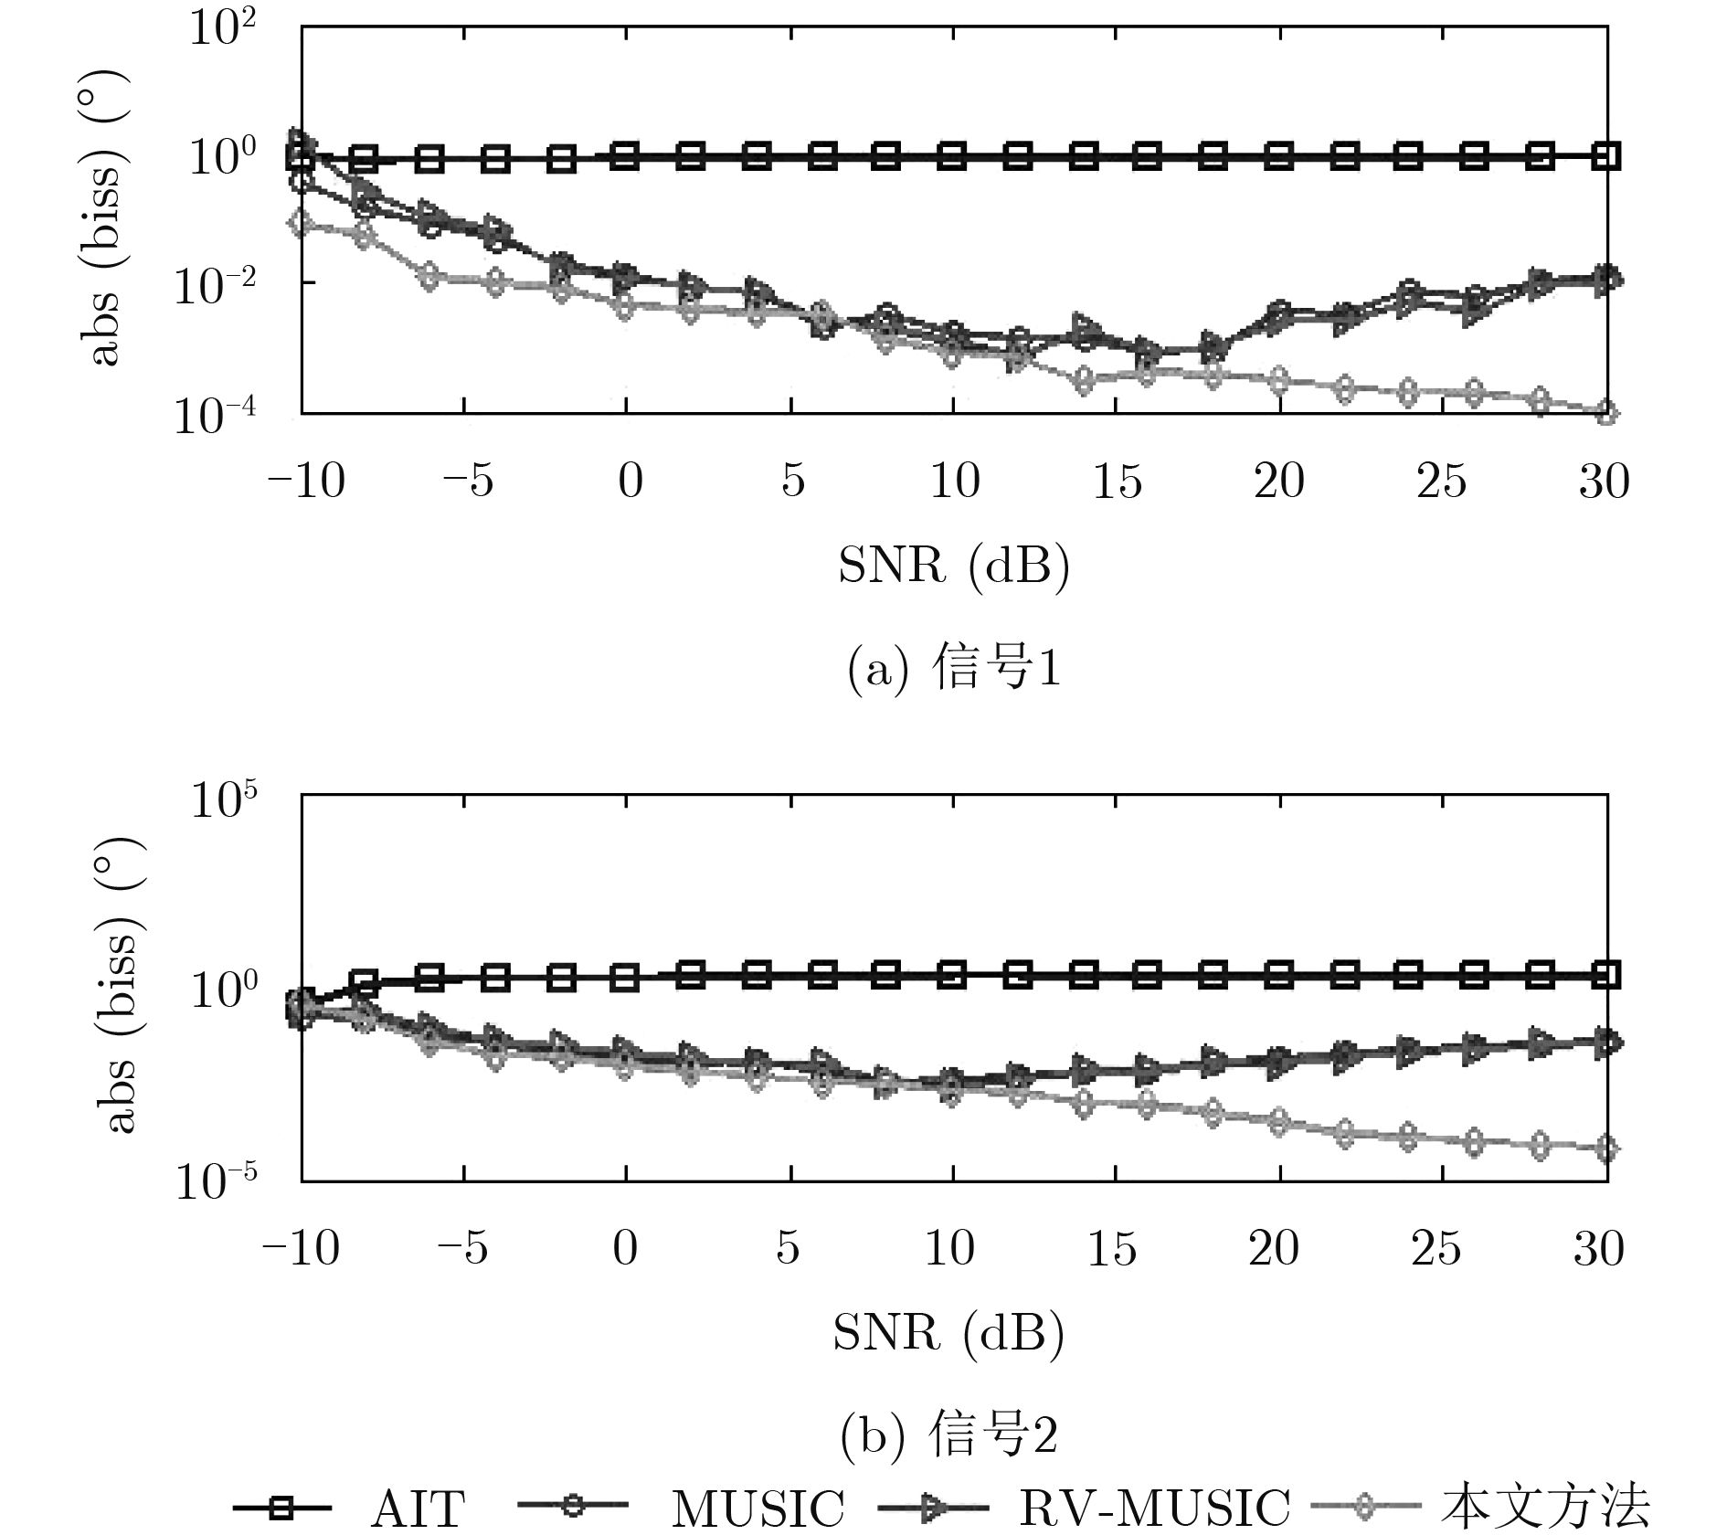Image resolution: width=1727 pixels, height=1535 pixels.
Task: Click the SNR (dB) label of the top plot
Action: click(954, 566)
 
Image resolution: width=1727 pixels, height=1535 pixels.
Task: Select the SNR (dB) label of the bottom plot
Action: click(948, 1334)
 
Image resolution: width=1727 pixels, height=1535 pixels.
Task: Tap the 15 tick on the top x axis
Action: click(1117, 481)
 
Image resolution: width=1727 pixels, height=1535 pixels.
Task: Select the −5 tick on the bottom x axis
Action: click(466, 1248)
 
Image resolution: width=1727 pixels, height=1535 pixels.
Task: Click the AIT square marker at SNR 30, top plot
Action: click(1606, 156)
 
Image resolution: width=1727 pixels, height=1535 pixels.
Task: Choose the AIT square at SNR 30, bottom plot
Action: click(1606, 976)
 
